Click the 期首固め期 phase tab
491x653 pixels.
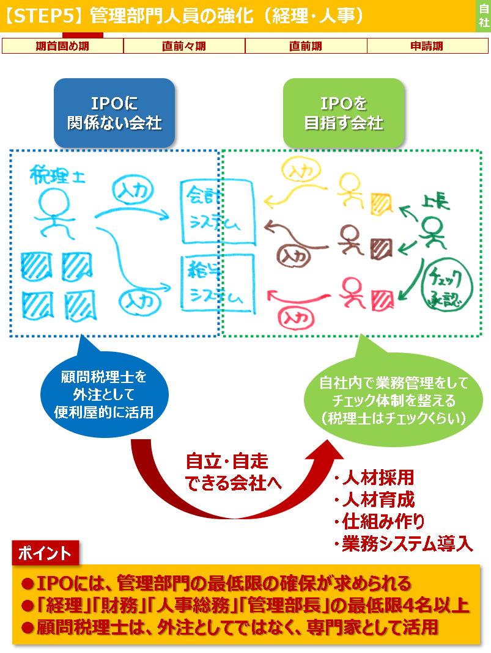click(x=62, y=46)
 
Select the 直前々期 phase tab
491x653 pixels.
click(x=184, y=46)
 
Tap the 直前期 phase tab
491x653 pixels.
click(x=306, y=46)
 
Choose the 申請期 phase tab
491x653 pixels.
click(x=427, y=46)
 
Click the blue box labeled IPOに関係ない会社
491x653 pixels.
click(x=114, y=113)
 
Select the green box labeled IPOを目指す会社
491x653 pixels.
click(x=344, y=113)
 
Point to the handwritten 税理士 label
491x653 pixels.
click(x=57, y=176)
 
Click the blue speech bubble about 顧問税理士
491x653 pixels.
click(x=104, y=393)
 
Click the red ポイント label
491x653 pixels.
click(x=45, y=553)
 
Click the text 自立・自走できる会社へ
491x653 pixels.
click(x=227, y=472)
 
